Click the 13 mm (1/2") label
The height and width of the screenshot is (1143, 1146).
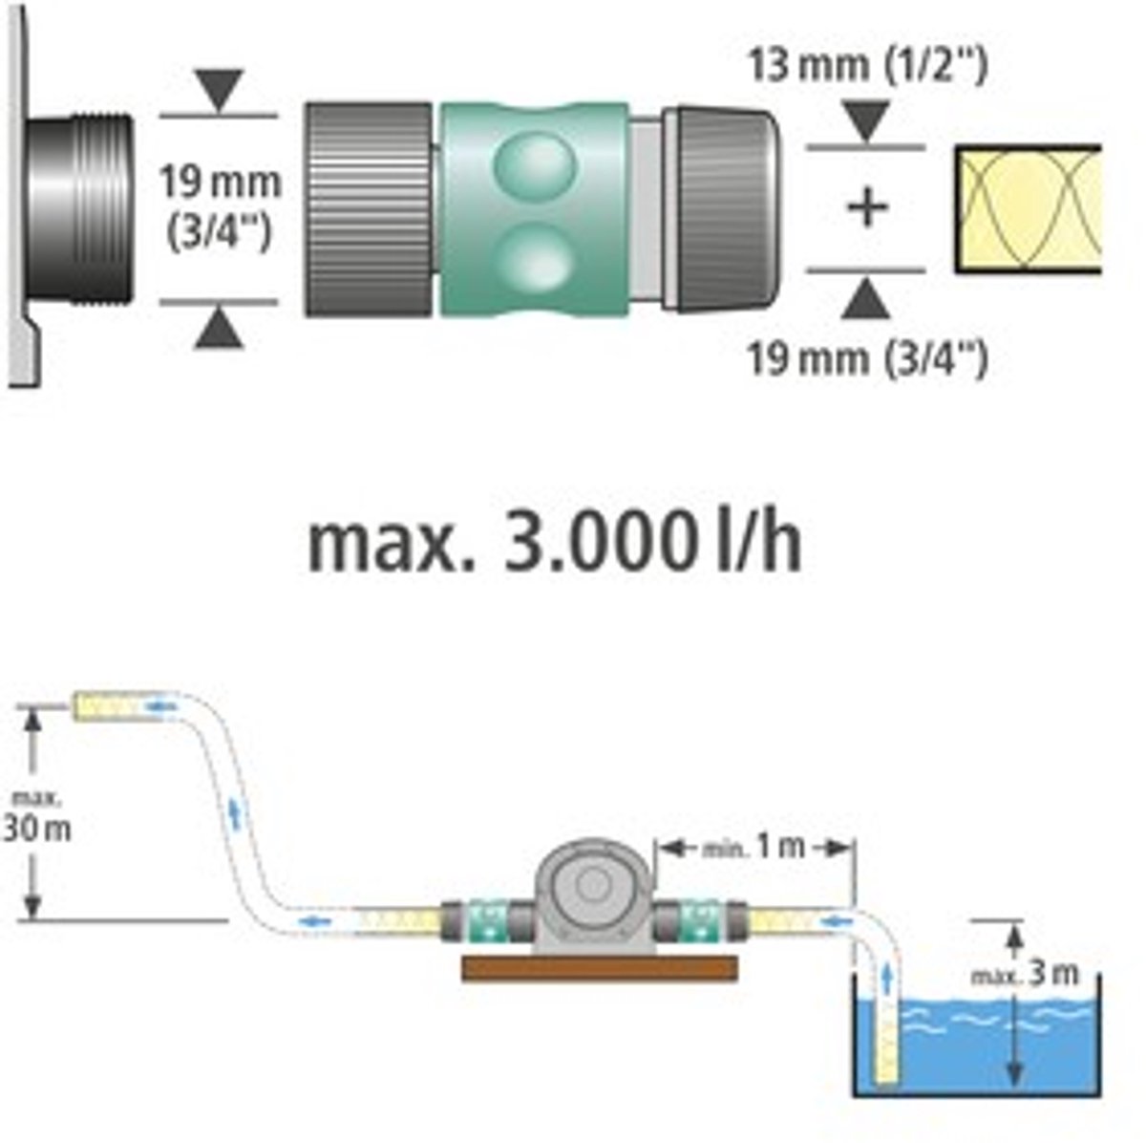click(868, 67)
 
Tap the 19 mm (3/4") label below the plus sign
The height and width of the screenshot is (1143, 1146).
click(866, 358)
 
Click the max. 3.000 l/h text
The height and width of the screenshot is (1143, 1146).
click(554, 544)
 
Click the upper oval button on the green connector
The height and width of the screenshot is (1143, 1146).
click(536, 163)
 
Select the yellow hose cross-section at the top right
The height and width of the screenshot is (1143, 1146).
click(1029, 209)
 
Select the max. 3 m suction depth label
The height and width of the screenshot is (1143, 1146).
click(1024, 975)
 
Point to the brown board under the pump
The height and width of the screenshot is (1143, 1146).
click(600, 968)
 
